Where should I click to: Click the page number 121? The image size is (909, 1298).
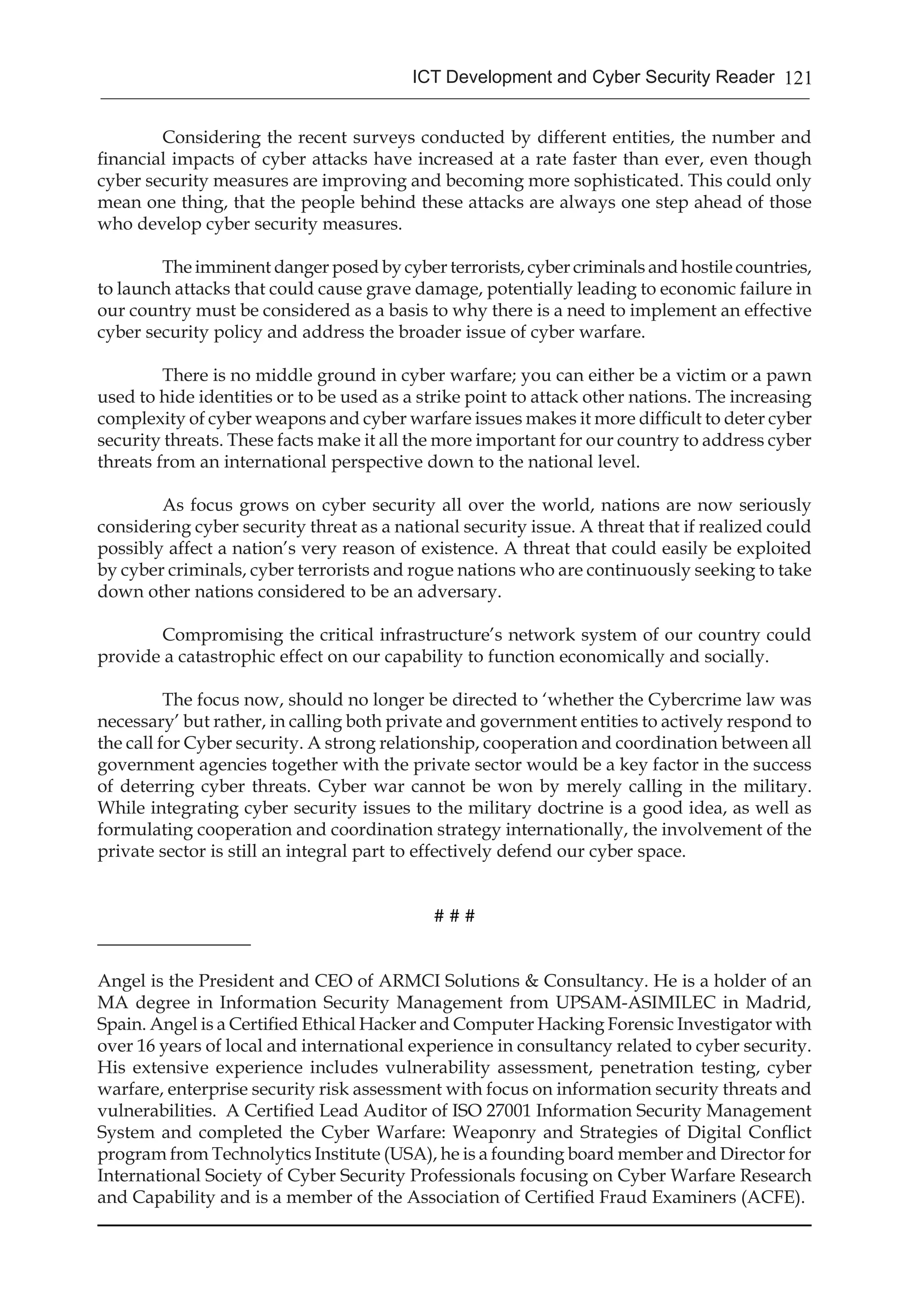[798, 78]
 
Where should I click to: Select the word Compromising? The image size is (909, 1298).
[222, 635]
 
